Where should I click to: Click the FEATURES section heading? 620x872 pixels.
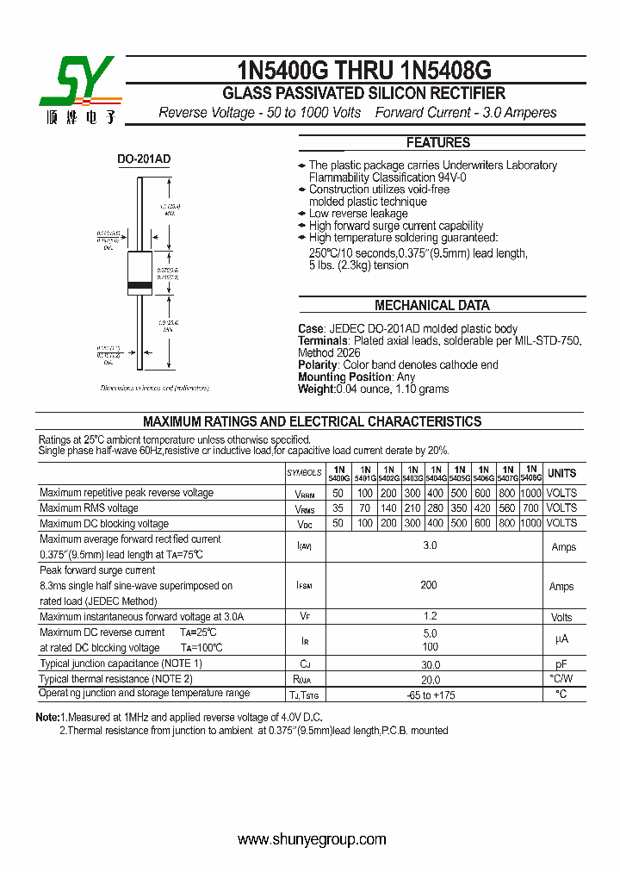pos(437,143)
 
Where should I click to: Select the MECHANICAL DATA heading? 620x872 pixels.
pos(431,305)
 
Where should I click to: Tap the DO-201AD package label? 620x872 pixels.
pos(144,159)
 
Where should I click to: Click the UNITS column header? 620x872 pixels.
pos(561,473)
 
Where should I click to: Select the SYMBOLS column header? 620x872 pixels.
pos(304,473)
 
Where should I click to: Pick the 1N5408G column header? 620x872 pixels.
pos(531,473)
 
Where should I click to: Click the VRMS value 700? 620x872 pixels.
pos(531,508)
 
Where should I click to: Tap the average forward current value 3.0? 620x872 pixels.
pos(430,546)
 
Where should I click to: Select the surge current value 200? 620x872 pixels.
pos(429,585)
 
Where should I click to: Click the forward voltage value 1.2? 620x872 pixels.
pos(430,616)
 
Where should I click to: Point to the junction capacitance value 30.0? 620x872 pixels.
pos(430,664)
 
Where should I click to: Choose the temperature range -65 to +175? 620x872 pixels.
pos(430,694)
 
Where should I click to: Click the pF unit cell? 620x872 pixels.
pos(561,664)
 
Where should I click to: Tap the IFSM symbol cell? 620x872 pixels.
pos(304,586)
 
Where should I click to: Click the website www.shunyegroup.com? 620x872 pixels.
pos(311,840)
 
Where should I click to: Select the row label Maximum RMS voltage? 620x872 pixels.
pos(89,508)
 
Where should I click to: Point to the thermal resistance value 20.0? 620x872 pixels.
pos(430,680)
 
